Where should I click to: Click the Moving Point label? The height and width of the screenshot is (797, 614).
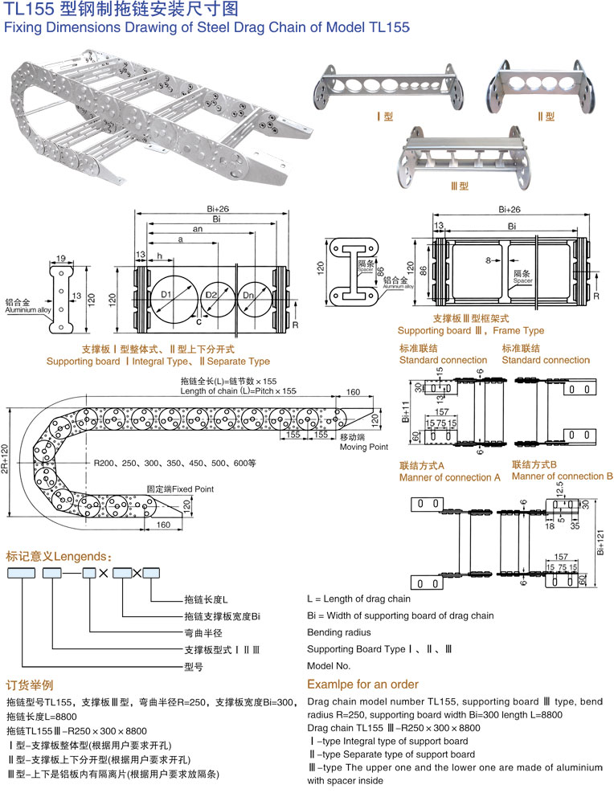(x=363, y=447)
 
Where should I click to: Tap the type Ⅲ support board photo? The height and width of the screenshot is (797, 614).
(x=466, y=157)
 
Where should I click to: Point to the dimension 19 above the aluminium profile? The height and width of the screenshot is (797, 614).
(x=61, y=259)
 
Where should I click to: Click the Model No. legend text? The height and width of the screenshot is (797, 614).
(x=329, y=666)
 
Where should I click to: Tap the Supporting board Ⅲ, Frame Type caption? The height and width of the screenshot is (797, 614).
(x=470, y=330)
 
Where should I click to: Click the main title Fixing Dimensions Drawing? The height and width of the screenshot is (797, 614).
(x=207, y=27)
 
